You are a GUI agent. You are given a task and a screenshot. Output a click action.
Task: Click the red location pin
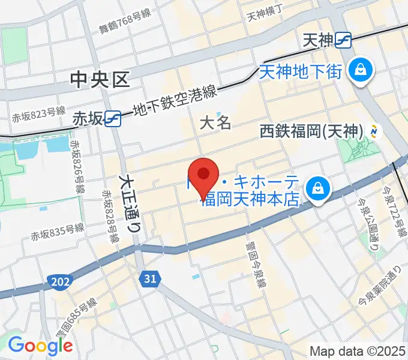coord(204,176)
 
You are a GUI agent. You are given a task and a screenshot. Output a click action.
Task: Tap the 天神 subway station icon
coord(344,40)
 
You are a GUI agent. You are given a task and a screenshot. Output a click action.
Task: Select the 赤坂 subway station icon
coord(113,118)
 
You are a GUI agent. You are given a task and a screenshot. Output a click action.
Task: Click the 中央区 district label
coord(100,79)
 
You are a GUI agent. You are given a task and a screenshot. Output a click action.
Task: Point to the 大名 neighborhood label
coord(215,124)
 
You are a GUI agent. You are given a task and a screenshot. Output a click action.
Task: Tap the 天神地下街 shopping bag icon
coord(362,71)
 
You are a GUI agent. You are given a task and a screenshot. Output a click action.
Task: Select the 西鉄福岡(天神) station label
coord(312,130)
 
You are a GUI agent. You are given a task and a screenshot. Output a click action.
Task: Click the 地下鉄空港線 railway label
coord(173,101)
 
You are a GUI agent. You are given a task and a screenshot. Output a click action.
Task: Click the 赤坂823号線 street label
coord(38,112)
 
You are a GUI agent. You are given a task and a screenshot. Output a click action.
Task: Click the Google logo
coord(40,345)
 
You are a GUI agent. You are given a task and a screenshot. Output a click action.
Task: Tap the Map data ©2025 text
coord(357,351)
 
